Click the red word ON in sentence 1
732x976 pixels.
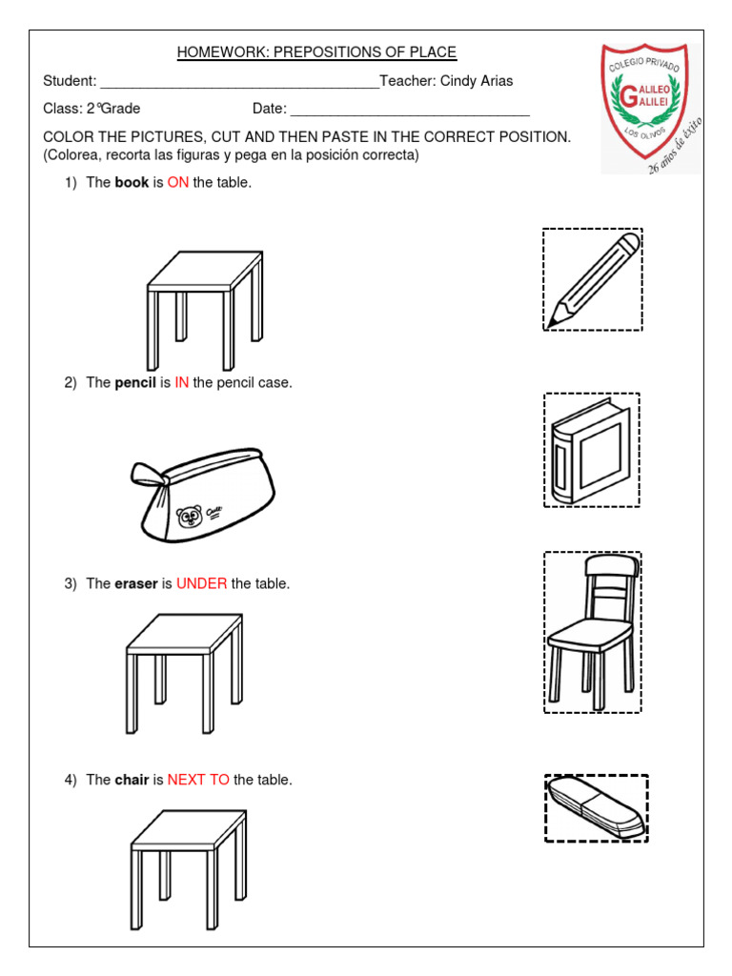pos(177,183)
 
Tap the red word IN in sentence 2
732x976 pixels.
pos(181,383)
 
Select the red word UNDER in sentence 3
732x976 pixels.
pos(201,584)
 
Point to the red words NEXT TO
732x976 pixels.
pos(198,780)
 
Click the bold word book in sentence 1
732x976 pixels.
pos(132,183)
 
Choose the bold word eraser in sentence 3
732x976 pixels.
pos(135,584)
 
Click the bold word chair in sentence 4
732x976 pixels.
pos(132,780)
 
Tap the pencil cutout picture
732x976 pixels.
pos(593,280)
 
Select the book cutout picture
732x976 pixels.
pos(591,451)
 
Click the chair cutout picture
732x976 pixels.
pos(592,631)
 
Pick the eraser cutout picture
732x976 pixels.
pos(597,808)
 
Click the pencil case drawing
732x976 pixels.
pos(205,493)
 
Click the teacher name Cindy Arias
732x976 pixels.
pos(477,81)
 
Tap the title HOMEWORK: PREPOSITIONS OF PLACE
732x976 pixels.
pos(316,52)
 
